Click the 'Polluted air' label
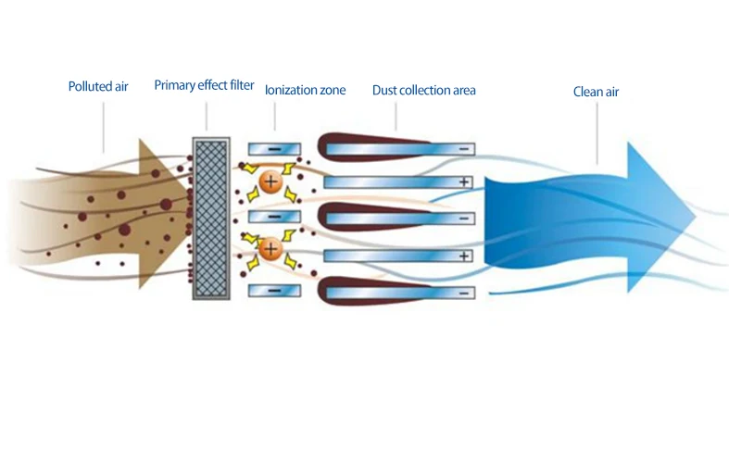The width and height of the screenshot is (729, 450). [x=97, y=87]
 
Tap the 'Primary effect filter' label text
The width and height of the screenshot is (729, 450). [x=204, y=86]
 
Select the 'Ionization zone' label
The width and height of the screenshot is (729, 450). [x=305, y=91]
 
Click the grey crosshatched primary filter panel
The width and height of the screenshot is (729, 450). [x=210, y=218]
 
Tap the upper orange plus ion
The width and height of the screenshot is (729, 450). [x=270, y=181]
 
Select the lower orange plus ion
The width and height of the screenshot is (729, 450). [x=270, y=248]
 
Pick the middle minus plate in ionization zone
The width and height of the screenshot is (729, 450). [x=275, y=216]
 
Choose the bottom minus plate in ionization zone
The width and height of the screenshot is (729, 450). [x=275, y=290]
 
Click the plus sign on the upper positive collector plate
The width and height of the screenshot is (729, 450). [x=463, y=181]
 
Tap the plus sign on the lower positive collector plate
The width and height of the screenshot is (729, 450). [x=463, y=255]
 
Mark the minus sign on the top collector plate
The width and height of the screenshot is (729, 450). [x=463, y=148]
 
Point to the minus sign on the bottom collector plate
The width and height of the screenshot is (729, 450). [x=463, y=293]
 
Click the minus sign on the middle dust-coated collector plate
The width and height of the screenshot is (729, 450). [x=463, y=219]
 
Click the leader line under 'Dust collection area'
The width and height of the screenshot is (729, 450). [x=396, y=116]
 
